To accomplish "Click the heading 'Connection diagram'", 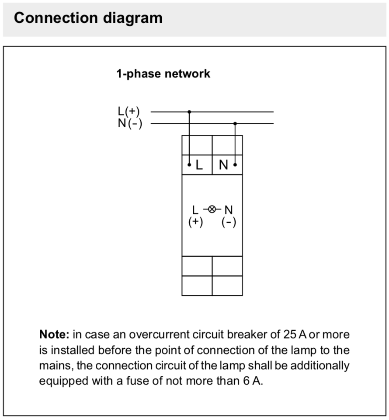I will pos(88,18).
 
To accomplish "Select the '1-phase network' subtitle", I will pos(163,73).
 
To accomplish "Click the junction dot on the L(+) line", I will pos(189,112).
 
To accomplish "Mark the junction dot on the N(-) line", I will pos(235,123).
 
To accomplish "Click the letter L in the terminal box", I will pos(199,165).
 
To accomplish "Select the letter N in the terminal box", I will pos(223,165).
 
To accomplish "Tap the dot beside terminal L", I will pos(189,165).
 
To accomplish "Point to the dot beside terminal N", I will pos(235,165).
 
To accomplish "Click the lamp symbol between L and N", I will pos(212,209).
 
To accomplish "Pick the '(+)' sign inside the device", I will pos(195,222).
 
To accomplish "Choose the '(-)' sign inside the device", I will pos(229,222).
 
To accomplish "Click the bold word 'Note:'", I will pos(54,335).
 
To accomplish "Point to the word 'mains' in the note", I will pos(56,365).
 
